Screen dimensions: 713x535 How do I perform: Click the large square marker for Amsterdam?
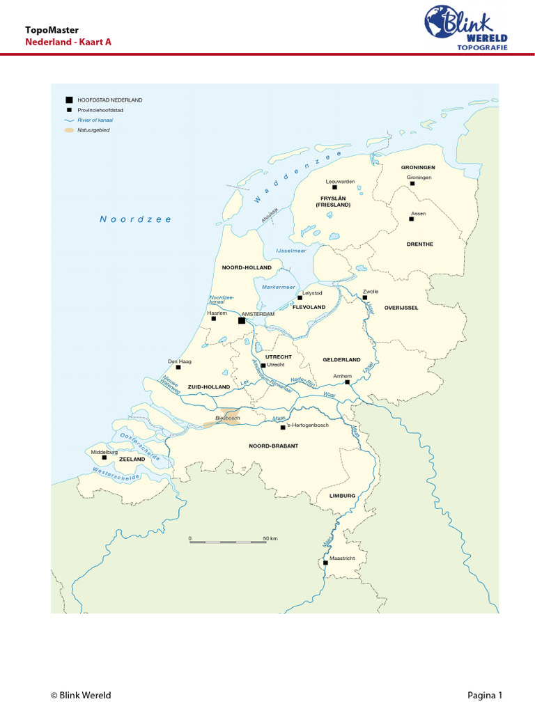(x=242, y=321)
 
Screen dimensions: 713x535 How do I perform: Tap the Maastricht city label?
(x=341, y=558)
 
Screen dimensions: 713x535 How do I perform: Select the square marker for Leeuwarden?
(x=334, y=187)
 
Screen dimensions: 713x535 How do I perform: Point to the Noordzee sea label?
(x=135, y=219)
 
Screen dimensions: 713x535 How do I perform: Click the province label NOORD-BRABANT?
(x=273, y=446)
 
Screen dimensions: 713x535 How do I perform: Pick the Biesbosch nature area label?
(x=227, y=418)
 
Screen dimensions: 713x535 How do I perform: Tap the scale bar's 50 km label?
(x=270, y=539)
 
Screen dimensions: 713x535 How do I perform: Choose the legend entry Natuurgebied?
(x=93, y=130)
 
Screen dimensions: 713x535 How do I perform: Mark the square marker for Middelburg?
(x=104, y=458)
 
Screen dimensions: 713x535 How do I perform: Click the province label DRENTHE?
(x=420, y=244)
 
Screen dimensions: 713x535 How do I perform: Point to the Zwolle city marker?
(x=364, y=298)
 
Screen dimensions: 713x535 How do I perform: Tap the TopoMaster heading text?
(x=52, y=30)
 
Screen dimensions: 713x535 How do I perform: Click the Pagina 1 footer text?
(x=484, y=695)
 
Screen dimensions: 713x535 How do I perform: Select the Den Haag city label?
(x=179, y=361)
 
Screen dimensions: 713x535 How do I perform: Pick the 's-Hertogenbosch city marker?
(x=282, y=427)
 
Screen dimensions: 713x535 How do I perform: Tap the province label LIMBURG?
(x=343, y=496)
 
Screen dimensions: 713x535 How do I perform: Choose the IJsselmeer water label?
(x=291, y=251)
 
